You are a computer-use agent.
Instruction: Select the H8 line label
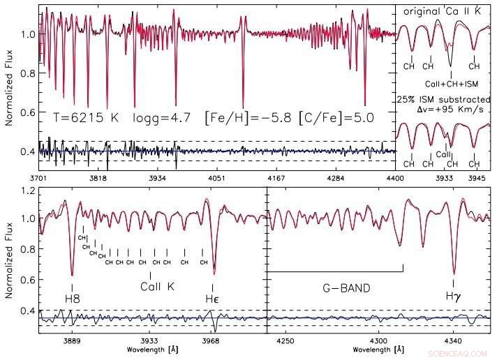[x=72, y=299]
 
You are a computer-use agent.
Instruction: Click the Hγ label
[x=454, y=297]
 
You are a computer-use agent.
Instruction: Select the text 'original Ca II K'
[x=444, y=11]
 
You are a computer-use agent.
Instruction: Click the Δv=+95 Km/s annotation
[x=445, y=110]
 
